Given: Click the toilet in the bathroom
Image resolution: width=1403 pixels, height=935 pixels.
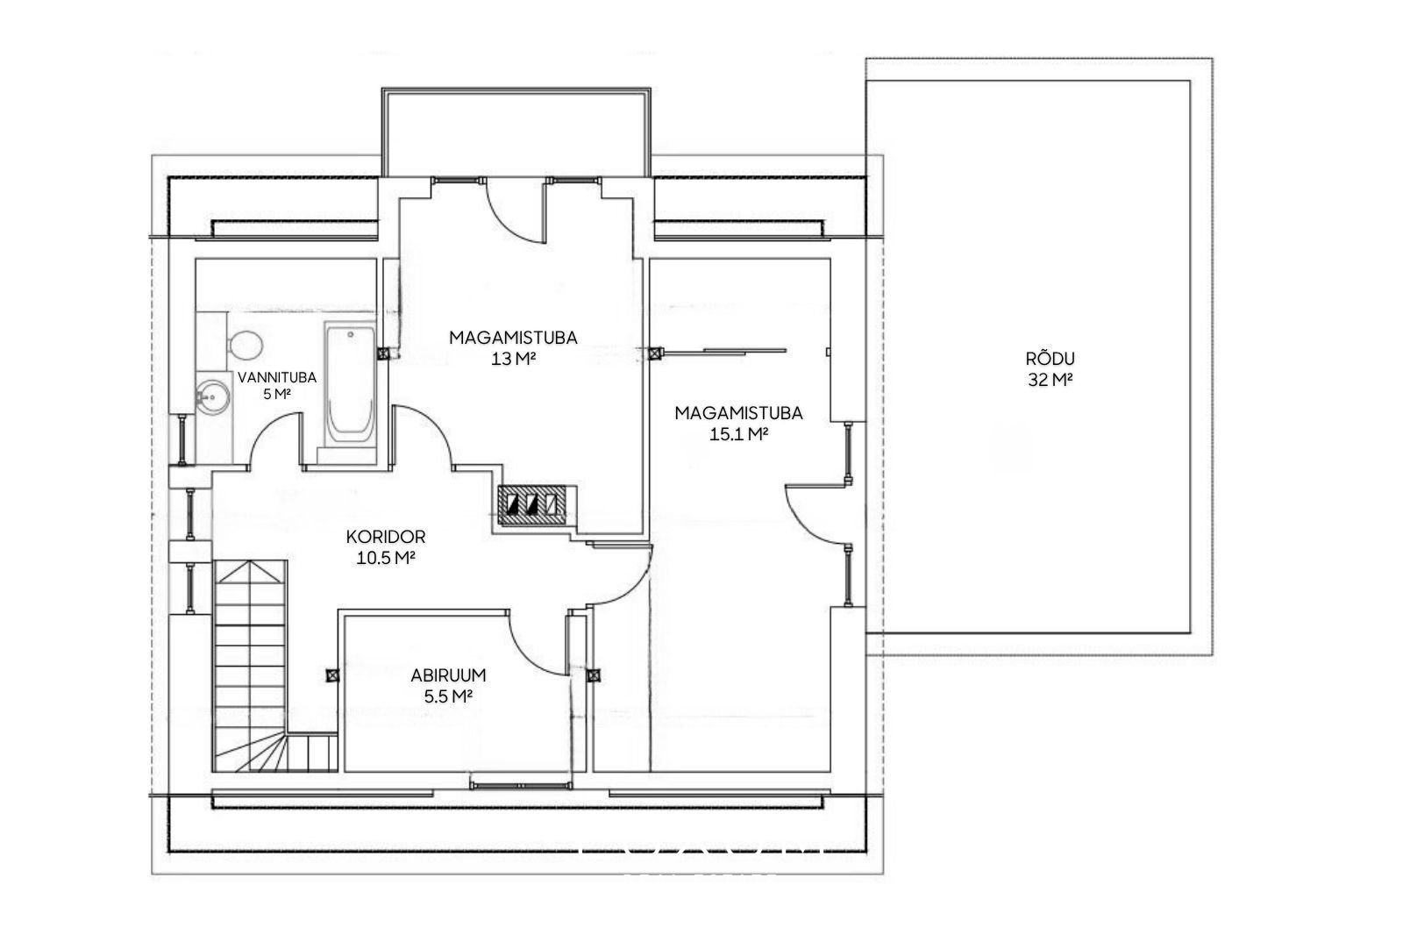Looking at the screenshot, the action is pos(245,346).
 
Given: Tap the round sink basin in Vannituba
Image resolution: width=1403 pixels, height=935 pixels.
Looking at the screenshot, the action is pos(213,396).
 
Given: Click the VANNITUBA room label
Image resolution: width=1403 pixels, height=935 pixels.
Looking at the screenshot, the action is pos(277,377).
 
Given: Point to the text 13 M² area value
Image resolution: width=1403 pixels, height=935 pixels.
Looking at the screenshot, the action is pos(514,359).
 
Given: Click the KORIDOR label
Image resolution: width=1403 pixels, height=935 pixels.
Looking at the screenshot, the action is pos(386,537).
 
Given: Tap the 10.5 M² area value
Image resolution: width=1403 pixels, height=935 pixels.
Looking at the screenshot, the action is pos(386,558).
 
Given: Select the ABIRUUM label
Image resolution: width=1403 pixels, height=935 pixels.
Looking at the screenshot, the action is pos(448,675).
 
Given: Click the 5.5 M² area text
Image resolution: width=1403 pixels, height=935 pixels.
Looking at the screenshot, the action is pos(448,696).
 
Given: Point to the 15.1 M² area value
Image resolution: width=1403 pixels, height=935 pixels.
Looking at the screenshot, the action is pos(739,433).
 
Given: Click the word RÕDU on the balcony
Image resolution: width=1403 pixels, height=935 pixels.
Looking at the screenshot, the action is pos(1050,359).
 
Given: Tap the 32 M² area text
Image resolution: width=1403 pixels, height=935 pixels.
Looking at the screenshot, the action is pos(1050,380).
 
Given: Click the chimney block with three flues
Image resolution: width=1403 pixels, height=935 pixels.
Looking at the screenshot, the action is pos(532,505).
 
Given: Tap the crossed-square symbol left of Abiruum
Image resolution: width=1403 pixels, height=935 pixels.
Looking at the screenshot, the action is pos(332,675).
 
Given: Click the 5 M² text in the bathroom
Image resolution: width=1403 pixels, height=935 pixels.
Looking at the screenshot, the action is pos(277,394).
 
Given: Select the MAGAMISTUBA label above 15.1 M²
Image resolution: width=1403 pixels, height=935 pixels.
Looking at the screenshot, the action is pos(739,413).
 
